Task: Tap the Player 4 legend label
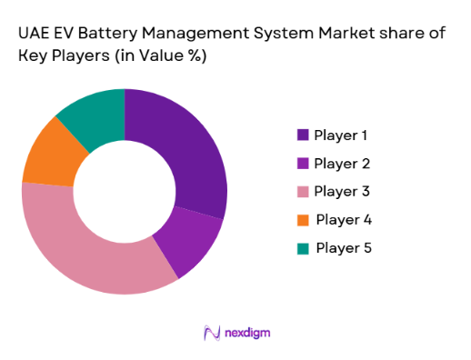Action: pyautogui.click(x=343, y=220)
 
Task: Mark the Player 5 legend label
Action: pyautogui.click(x=343, y=248)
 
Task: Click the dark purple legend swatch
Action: pyautogui.click(x=302, y=135)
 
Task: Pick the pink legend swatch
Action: pyautogui.click(x=302, y=192)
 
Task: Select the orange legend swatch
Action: pyautogui.click(x=302, y=220)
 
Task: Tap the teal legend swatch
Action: pyautogui.click(x=302, y=248)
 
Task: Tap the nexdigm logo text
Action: pyautogui.click(x=246, y=333)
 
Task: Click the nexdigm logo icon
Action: pyautogui.click(x=212, y=333)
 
